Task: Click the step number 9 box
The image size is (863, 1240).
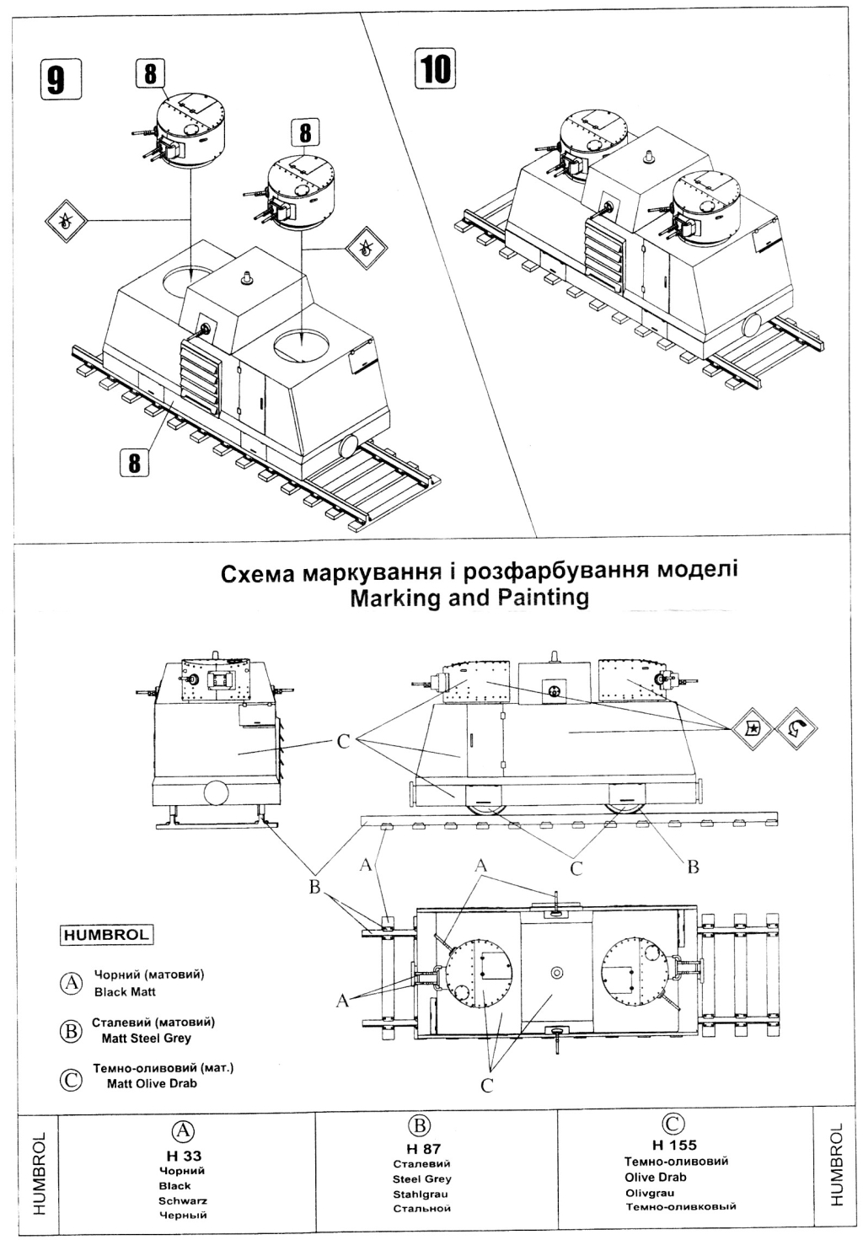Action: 56,79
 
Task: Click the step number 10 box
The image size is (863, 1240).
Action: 435,67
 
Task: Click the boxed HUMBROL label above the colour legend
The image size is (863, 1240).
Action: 106,934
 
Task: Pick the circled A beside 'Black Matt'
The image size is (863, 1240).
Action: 72,983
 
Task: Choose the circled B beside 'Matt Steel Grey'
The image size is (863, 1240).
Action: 72,1030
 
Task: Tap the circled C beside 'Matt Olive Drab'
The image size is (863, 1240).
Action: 72,1077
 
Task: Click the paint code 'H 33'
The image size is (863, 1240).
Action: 183,1156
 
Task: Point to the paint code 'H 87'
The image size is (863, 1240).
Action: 423,1148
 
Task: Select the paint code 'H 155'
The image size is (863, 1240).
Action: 674,1145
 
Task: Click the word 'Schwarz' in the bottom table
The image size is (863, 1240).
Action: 183,1200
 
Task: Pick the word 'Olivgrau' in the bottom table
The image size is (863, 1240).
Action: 651,1192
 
